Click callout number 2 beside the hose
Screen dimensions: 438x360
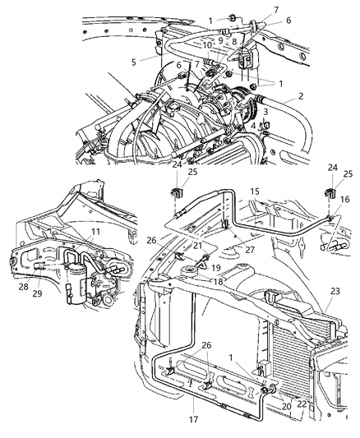click(301, 96)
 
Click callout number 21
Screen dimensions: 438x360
click(198, 246)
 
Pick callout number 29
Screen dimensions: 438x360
click(39, 293)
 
